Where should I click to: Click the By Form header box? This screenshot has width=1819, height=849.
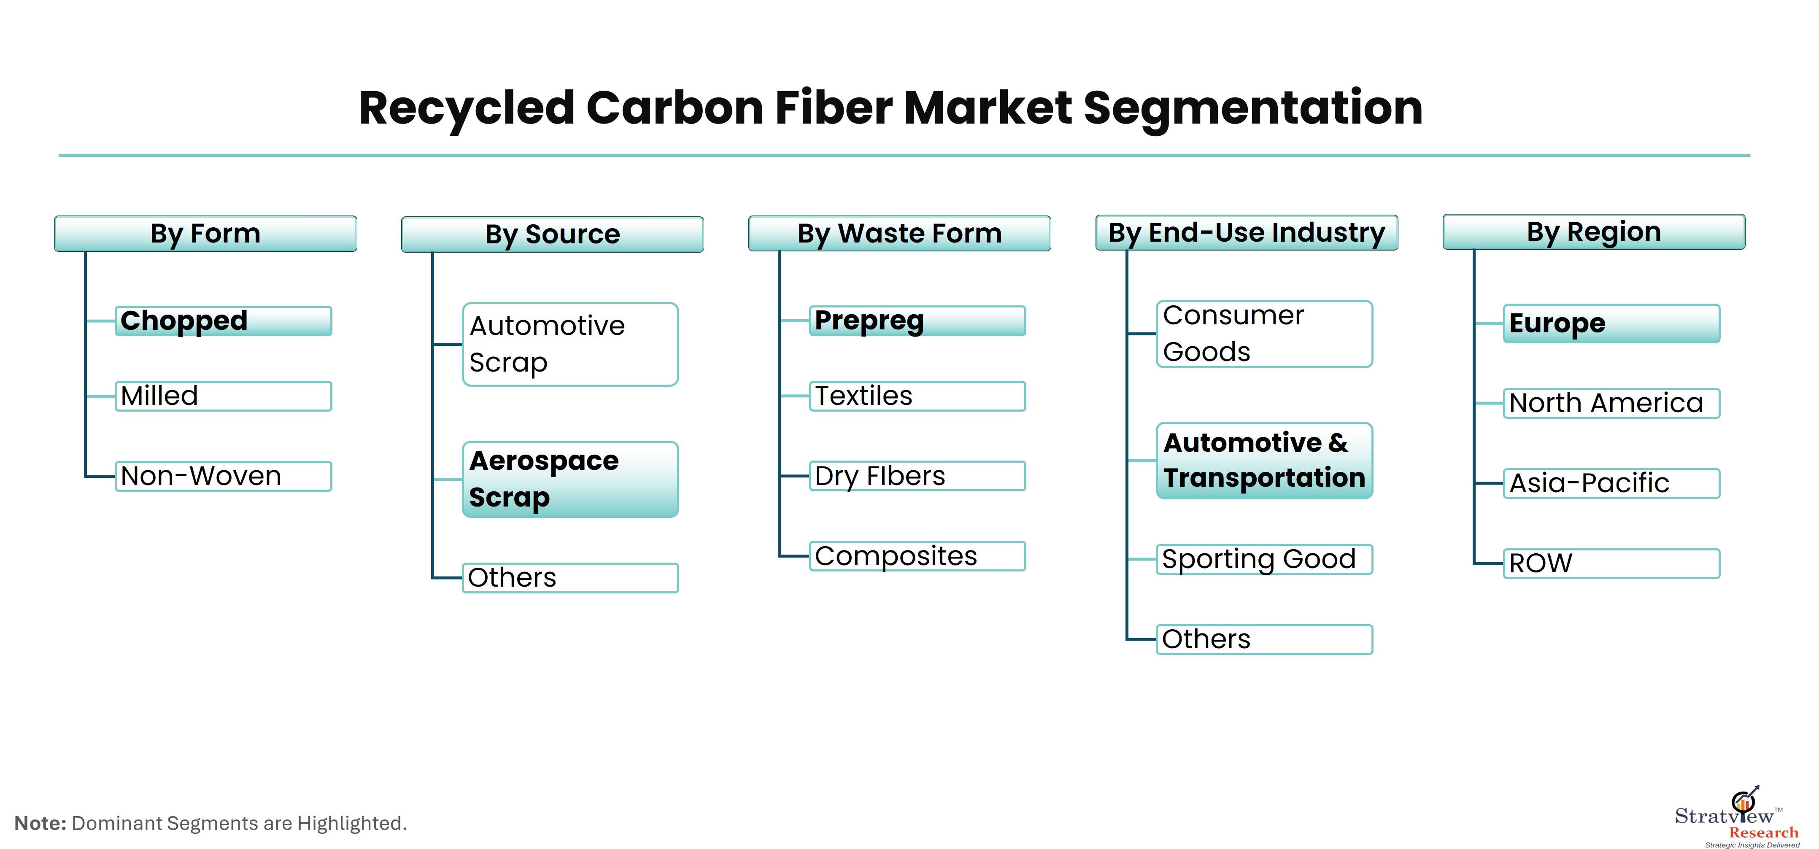(x=205, y=234)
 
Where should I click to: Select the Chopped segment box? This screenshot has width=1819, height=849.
(x=223, y=321)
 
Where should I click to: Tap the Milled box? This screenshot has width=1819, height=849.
(x=223, y=396)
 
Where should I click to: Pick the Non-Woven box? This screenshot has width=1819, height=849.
(x=223, y=476)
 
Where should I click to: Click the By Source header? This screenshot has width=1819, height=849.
(x=552, y=234)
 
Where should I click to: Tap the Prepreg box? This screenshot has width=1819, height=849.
(x=917, y=321)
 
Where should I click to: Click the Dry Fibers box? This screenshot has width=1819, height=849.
(x=917, y=476)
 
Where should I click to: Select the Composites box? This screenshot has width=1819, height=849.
(x=917, y=556)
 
